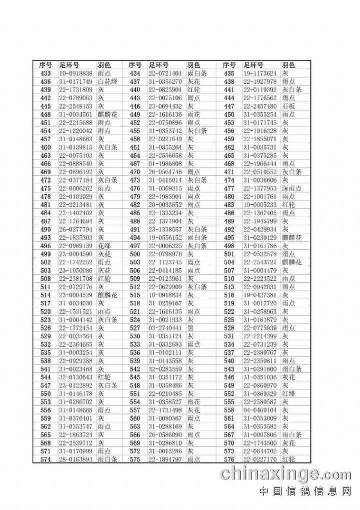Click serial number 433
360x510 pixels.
tap(45, 74)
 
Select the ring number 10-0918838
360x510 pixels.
tap(75, 74)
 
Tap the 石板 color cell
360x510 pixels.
tap(288, 106)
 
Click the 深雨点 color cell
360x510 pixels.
tap(291, 188)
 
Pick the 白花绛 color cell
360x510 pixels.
tap(107, 82)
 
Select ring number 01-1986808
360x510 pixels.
tap(165, 164)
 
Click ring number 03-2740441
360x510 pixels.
tap(165, 328)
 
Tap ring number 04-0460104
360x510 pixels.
tap(259, 410)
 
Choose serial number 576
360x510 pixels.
tap(229, 459)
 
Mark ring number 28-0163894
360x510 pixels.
tap(75, 459)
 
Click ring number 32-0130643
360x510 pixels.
tap(75, 377)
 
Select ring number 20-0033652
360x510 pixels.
tap(165, 205)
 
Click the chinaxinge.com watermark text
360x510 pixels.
tap(285, 473)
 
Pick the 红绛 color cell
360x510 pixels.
tap(288, 393)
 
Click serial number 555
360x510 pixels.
tap(229, 402)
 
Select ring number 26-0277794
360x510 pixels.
tap(75, 229)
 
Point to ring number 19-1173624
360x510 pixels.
tap(259, 74)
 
